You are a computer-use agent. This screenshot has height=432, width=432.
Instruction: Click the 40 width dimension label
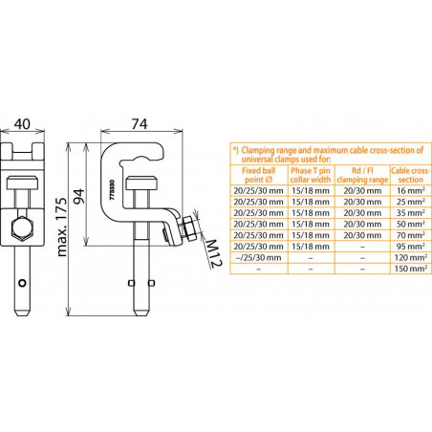[x=22, y=123]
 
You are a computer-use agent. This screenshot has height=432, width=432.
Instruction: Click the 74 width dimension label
[x=140, y=123]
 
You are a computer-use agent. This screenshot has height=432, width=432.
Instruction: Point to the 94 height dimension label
[x=78, y=196]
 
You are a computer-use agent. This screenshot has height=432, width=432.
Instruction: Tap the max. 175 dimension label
[x=62, y=227]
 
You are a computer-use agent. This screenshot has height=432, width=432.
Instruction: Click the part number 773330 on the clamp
[x=112, y=190]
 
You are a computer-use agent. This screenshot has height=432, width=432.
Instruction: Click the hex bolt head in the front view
[x=22, y=228]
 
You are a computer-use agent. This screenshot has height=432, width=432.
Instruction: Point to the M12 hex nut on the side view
[x=189, y=228]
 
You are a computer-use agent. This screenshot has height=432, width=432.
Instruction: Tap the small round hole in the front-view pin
[x=22, y=283]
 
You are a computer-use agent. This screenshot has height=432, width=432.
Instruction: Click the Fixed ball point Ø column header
[x=258, y=175]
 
